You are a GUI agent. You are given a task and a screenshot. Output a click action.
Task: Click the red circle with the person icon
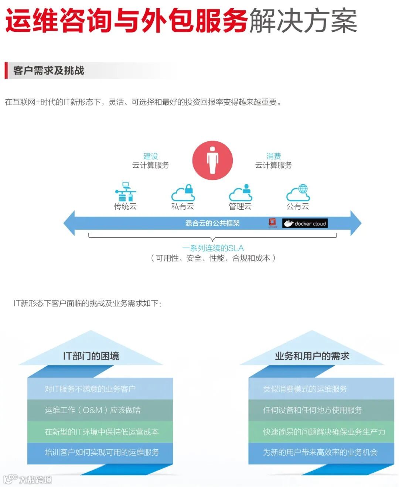tap(212, 160)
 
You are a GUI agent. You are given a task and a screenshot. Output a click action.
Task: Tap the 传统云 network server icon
tap(126, 191)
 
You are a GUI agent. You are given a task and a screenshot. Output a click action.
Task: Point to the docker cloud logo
tap(305, 223)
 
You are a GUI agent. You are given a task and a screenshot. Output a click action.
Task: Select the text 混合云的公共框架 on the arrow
tap(212, 223)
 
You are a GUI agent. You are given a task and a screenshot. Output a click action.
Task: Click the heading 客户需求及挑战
tap(48, 71)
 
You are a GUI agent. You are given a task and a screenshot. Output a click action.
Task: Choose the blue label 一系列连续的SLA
tap(213, 248)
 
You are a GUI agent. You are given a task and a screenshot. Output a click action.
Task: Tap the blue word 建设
tap(151, 156)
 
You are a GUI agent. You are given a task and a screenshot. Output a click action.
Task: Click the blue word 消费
tap(273, 156)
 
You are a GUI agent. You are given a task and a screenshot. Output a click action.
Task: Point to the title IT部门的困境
tap(91, 356)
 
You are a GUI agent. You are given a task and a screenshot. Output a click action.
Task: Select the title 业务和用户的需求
tap(312, 356)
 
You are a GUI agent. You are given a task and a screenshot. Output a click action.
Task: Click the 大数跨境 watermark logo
tap(28, 480)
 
